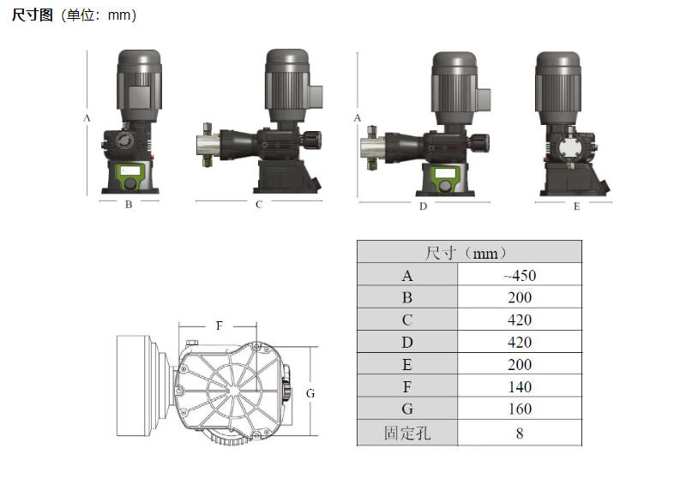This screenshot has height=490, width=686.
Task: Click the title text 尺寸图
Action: (x=32, y=15)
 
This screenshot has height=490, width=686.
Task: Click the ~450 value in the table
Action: (x=520, y=275)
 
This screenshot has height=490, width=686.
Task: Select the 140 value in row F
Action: (x=520, y=387)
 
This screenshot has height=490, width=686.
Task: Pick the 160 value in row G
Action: (x=520, y=409)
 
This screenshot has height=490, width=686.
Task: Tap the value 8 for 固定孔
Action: (x=520, y=433)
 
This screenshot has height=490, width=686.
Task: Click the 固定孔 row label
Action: (x=407, y=433)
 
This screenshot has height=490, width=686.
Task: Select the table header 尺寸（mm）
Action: (x=466, y=253)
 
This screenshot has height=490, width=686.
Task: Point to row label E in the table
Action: (x=406, y=365)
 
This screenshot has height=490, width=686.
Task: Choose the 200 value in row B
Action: (x=520, y=297)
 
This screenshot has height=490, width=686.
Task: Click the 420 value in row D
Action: (x=520, y=343)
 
